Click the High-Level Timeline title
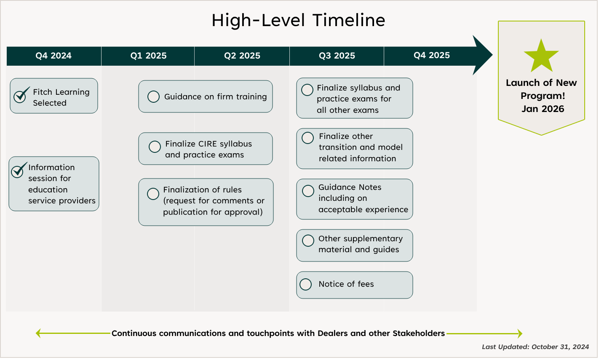coord(298,20)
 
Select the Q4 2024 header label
coord(53,56)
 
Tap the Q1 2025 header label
coord(148,56)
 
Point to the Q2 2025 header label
coord(242,56)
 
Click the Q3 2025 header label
coord(337,56)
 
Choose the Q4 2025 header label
coord(432,55)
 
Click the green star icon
coord(541,56)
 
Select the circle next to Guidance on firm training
coord(153,96)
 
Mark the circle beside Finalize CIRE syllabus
coord(155,147)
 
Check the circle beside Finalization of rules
coord(153,194)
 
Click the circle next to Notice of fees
coord(305,284)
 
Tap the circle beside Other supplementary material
coord(308,240)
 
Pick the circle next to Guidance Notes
coord(308,191)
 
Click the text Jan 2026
coord(543,109)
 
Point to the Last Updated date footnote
coord(535,347)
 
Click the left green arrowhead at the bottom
coord(38,333)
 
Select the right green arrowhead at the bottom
coord(520,333)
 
